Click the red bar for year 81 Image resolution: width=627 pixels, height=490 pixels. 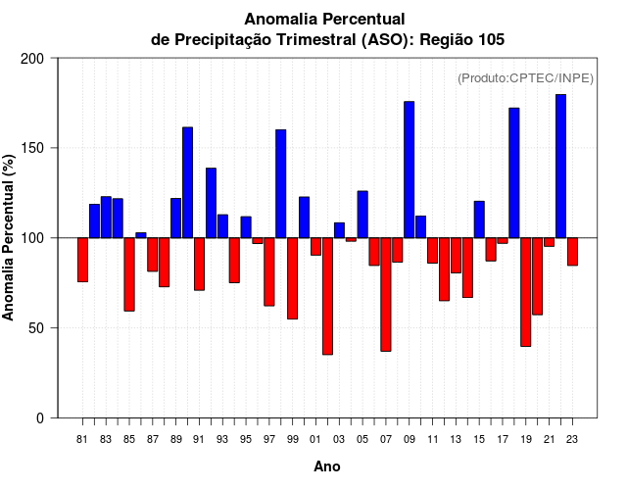coord(82,260)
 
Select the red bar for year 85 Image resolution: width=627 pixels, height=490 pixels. coord(129,274)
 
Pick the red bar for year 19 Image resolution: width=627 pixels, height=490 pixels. coord(525,292)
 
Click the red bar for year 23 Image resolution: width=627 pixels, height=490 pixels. coord(572,252)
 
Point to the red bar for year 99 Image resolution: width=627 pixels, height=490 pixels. coord(292,278)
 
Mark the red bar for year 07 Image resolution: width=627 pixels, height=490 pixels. coord(386,294)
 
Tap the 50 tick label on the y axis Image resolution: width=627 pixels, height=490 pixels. coord(37,328)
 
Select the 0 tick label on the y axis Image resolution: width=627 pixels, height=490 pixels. coord(41,418)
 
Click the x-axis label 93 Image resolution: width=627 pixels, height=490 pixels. coord(222,440)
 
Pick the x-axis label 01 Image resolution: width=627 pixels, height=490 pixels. coord(315,440)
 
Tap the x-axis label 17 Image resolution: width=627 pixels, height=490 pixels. coord(503,440)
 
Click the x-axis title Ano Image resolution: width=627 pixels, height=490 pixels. coord(327,467)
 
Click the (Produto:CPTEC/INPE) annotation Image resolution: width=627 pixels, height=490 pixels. coord(525,77)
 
